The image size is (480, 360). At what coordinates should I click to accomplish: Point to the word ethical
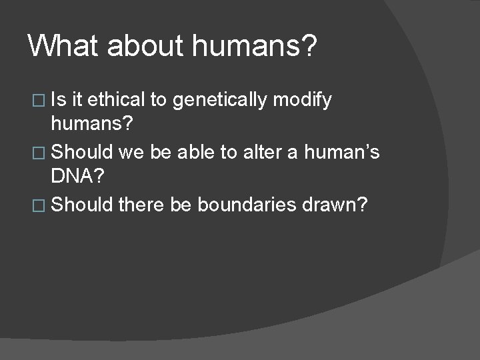117,100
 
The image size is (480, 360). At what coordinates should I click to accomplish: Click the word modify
303,100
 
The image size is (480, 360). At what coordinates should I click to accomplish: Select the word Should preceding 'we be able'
82,153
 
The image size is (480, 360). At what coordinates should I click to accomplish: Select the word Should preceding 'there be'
82,205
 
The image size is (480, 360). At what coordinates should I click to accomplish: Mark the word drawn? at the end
341,205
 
